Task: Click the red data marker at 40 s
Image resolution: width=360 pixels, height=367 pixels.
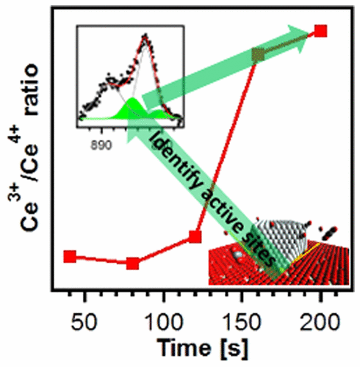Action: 70,256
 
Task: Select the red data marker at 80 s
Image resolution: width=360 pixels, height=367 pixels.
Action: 132,263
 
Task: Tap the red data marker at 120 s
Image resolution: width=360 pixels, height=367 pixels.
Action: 195,236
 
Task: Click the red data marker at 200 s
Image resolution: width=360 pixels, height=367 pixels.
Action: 320,30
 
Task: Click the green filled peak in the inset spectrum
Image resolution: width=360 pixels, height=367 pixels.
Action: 132,110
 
